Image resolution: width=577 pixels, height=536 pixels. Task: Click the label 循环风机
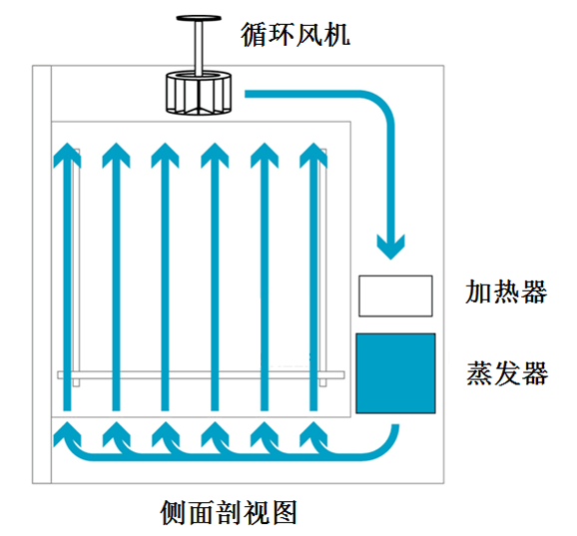coord(295,35)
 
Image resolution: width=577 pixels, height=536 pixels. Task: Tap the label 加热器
coord(506,291)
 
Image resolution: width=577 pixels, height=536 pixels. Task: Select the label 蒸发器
coord(507,373)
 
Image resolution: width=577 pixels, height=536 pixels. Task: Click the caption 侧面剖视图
coord(229,512)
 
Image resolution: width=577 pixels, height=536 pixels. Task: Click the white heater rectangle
coord(395,295)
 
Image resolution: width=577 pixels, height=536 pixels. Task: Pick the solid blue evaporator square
coord(395,373)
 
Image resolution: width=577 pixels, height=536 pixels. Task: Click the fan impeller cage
coord(199,93)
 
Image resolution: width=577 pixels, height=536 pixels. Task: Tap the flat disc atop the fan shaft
coord(199,18)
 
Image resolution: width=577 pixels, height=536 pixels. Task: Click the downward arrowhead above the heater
coord(390,247)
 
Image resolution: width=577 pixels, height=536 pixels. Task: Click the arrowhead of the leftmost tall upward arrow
coord(67,155)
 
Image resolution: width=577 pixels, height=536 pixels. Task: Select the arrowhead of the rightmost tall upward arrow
coord(313,155)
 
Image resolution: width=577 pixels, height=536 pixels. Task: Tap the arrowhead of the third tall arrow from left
coord(166,155)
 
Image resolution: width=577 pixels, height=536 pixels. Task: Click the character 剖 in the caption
coord(229,512)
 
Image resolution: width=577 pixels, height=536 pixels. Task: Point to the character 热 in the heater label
coord(506,291)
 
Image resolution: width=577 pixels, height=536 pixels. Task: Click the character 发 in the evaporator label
coord(507,373)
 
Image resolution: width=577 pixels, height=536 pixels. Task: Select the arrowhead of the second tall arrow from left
coord(116,155)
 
